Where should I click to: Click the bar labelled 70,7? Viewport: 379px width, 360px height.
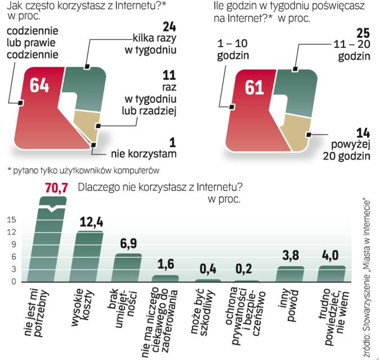[51, 242]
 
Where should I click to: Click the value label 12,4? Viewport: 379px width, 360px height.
[90, 221]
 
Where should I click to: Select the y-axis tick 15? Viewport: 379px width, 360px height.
[11, 222]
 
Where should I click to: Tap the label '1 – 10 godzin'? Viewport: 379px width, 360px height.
[235, 48]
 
